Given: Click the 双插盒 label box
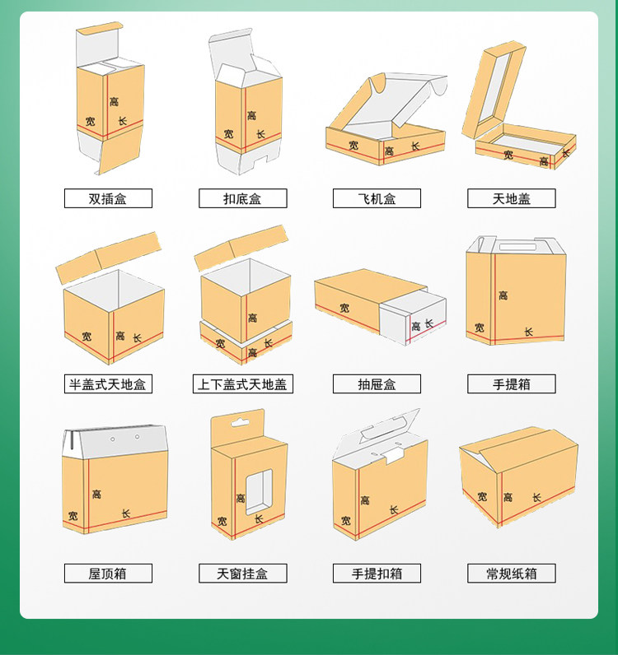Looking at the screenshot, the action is pos(108,198).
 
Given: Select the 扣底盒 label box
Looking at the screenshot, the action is pos(243,198).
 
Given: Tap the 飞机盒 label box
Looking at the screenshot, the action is pos(377,198).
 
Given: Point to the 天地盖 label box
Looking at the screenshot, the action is pos(512,198).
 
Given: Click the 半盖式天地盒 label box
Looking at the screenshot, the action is pos(108,384).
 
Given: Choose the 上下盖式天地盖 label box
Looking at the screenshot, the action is pos(243,384).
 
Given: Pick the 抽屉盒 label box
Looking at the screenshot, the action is pos(377,384).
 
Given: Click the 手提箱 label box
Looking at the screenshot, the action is pos(512,384).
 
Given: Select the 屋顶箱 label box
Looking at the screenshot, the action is pos(108,573).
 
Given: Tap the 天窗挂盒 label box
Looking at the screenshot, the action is pos(243,573).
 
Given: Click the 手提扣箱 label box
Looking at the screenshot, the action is pos(377,573).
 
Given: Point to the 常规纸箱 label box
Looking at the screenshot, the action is pos(512,573).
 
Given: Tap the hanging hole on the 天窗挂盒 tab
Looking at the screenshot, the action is pos(240,423).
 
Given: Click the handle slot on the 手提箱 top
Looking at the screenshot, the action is pos(517,248).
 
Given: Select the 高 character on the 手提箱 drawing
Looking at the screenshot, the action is pos(503,295).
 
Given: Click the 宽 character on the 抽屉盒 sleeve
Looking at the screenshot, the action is pos(344,309).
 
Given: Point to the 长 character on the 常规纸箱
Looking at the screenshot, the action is pos(536,497).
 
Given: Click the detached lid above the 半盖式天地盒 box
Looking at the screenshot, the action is pos(109,258).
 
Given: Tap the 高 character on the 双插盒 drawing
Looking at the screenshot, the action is pos(114,101).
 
